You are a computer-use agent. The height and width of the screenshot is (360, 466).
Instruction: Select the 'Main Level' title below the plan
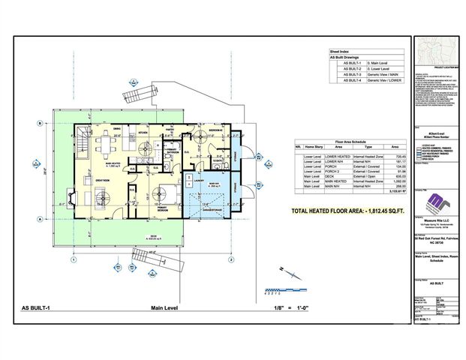pyautogui.click(x=167, y=308)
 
